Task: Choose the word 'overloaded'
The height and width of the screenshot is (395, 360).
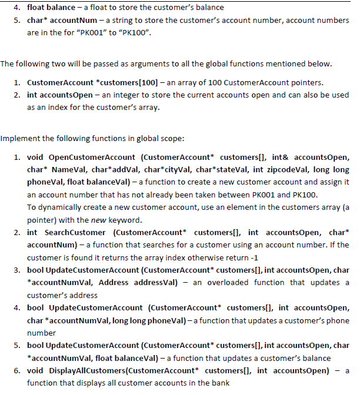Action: point(247,283)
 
